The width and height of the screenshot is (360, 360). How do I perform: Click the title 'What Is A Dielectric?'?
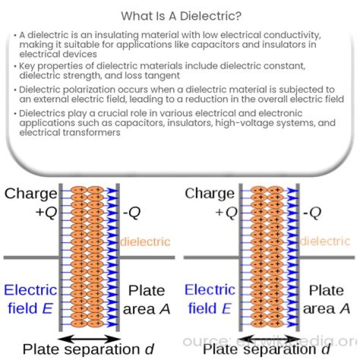[181, 16]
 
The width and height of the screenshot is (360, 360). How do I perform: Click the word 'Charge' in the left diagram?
[30, 193]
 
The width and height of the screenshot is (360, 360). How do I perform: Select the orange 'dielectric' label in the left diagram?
[145, 242]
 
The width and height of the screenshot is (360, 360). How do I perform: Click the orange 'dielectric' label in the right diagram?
[325, 241]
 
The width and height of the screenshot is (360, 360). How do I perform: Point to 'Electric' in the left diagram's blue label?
[30, 289]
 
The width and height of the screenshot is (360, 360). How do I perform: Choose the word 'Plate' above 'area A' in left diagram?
[146, 290]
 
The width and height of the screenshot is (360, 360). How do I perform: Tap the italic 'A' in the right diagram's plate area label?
[344, 309]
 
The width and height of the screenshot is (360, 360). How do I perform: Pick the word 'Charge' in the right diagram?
[209, 193]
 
